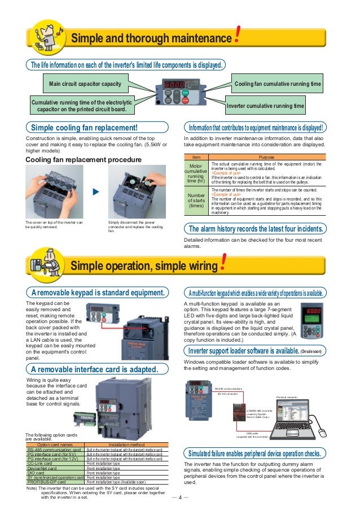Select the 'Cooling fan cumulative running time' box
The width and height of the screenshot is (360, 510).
pos(278,85)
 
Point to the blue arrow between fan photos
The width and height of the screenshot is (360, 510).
pos(95,191)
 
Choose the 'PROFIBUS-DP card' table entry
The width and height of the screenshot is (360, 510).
pos(49,481)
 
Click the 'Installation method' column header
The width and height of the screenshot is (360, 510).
pos(124,444)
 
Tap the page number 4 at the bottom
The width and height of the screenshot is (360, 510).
pos(179,498)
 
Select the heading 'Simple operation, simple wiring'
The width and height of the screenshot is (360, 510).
pos(144,265)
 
